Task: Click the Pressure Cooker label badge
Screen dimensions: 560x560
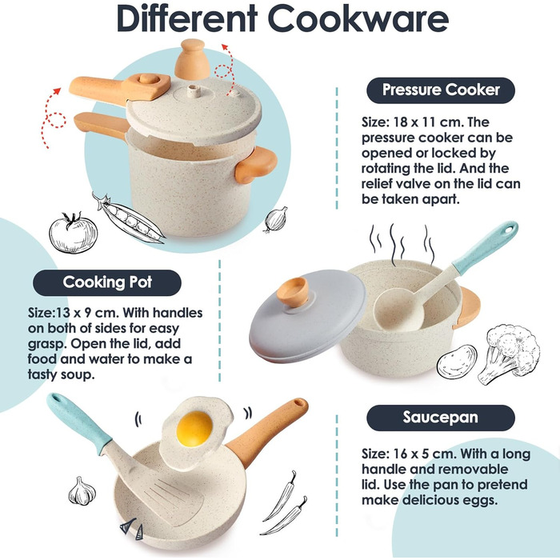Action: click(441, 90)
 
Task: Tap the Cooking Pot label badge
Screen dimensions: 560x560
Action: click(107, 282)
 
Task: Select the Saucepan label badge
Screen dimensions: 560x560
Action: click(441, 418)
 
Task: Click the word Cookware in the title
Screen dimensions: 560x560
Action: click(358, 19)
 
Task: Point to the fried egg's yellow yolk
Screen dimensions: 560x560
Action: click(194, 429)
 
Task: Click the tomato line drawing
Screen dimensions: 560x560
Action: click(74, 232)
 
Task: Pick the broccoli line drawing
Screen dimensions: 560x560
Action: click(509, 354)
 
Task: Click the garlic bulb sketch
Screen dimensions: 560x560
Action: click(82, 491)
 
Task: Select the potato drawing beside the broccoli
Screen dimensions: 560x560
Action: click(457, 362)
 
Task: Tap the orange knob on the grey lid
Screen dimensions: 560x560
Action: click(293, 291)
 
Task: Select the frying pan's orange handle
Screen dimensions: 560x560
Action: click(268, 431)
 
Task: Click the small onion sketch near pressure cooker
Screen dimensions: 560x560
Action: click(276, 219)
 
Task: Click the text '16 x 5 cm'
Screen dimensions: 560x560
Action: click(423, 454)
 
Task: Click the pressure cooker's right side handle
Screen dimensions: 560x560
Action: click(256, 165)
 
